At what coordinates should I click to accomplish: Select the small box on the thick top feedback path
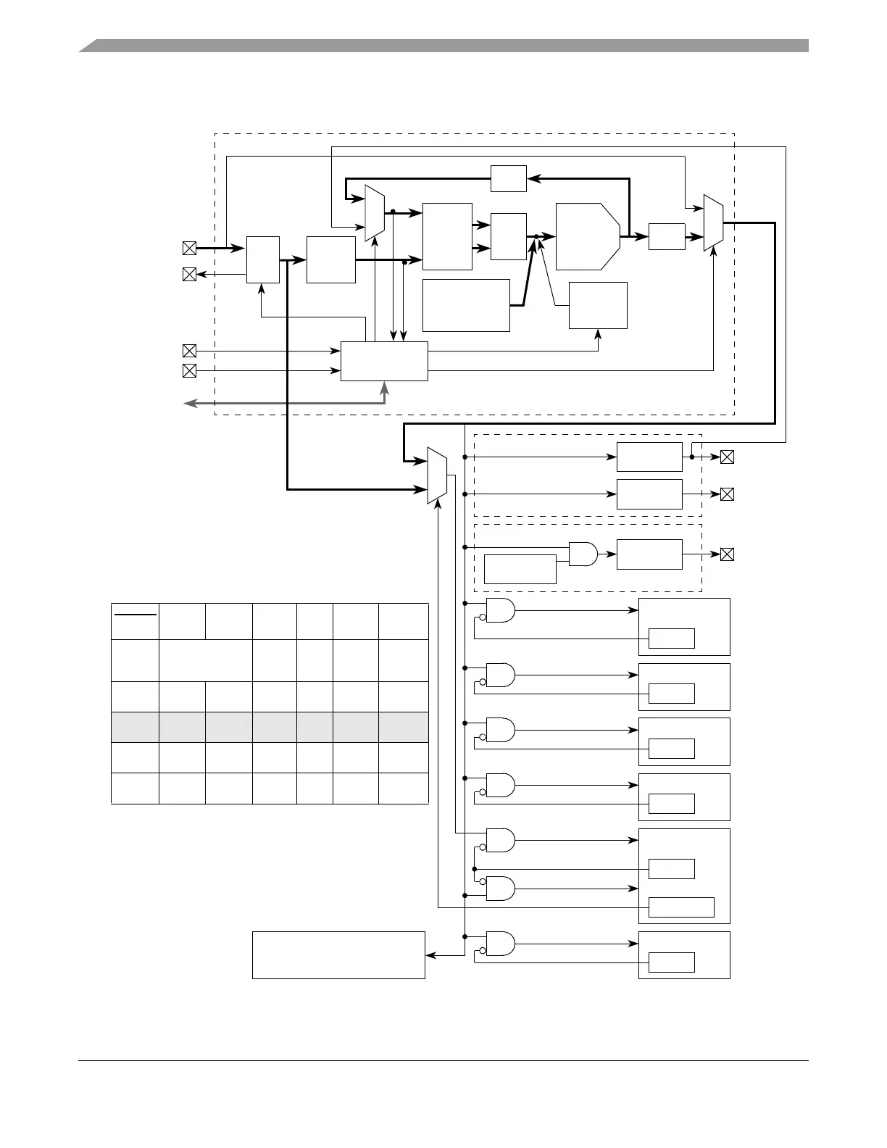click(508, 178)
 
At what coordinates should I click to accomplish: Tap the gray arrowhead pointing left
click(189, 403)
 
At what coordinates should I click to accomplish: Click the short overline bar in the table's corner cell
click(135, 615)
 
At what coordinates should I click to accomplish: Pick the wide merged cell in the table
click(205, 660)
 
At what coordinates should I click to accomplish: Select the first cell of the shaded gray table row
click(135, 727)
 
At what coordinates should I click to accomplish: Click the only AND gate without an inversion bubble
click(583, 554)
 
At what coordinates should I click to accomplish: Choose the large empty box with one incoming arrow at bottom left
click(338, 955)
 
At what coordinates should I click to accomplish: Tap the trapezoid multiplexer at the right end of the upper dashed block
click(713, 222)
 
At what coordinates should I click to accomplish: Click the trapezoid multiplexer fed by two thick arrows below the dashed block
click(437, 475)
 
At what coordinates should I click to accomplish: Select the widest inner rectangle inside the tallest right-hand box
click(681, 907)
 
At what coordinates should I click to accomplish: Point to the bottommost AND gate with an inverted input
click(500, 944)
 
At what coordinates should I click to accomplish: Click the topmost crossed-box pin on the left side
click(189, 249)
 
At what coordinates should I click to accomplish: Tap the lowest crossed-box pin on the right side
click(727, 554)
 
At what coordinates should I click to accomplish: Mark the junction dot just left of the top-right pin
click(692, 457)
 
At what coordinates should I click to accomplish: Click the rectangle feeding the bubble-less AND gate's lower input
click(520, 569)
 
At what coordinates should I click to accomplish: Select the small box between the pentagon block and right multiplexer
click(667, 237)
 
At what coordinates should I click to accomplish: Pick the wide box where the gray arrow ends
click(384, 361)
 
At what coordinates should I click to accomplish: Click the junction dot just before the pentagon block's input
click(536, 237)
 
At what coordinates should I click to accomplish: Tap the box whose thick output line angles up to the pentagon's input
click(466, 305)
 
